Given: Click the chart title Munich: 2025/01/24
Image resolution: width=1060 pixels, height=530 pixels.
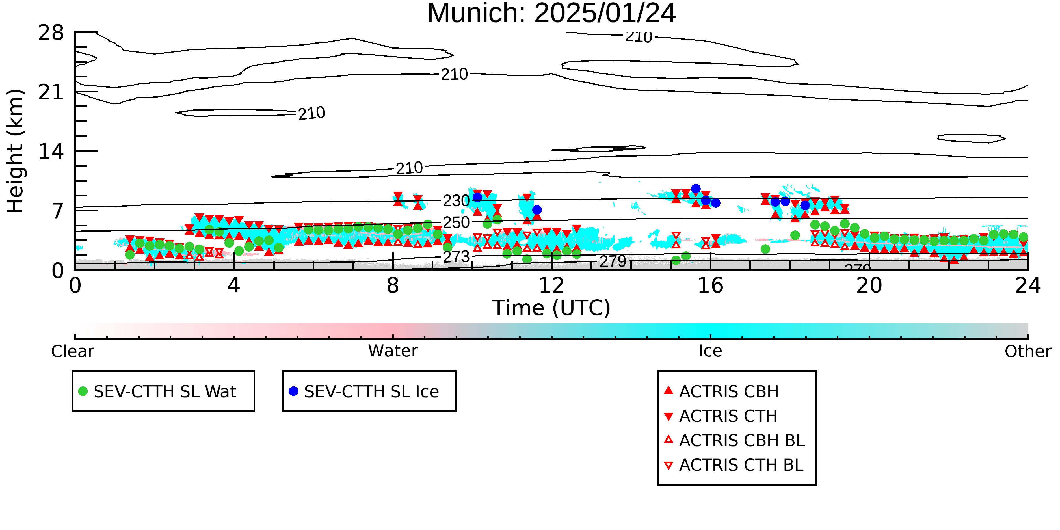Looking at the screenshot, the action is (x=551, y=13).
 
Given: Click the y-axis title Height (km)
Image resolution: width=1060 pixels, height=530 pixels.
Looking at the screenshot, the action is (x=16, y=151).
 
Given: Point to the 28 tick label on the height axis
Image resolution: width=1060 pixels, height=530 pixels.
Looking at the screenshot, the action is (x=51, y=33).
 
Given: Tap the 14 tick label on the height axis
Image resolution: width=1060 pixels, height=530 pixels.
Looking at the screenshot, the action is (x=51, y=152).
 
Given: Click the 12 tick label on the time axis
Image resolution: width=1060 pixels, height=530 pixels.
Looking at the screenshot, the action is (x=551, y=285).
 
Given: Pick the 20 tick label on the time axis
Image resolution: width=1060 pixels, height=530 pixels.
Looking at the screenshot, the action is (x=869, y=285).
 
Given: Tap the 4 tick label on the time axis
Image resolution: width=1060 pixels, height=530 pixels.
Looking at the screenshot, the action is (x=234, y=285).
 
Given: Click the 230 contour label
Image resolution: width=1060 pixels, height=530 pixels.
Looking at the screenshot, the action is (x=456, y=201).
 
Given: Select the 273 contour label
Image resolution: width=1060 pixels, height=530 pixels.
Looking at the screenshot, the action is (x=456, y=257).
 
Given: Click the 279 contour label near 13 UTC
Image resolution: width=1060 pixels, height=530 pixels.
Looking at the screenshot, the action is (x=613, y=261).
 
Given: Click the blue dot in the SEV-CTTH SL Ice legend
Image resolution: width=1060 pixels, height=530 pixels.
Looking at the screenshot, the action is (x=293, y=391).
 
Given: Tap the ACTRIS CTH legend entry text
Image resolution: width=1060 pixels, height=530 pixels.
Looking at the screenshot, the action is (x=728, y=416).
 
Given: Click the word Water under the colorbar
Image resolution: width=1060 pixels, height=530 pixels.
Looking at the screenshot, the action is (x=393, y=351).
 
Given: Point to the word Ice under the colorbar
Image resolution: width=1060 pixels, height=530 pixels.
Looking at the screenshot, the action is (x=710, y=351).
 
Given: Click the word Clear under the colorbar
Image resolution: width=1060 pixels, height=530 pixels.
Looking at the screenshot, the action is (x=72, y=351).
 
